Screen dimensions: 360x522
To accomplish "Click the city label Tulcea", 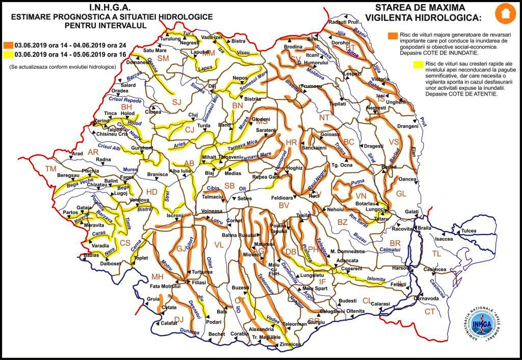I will pos(471,231).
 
